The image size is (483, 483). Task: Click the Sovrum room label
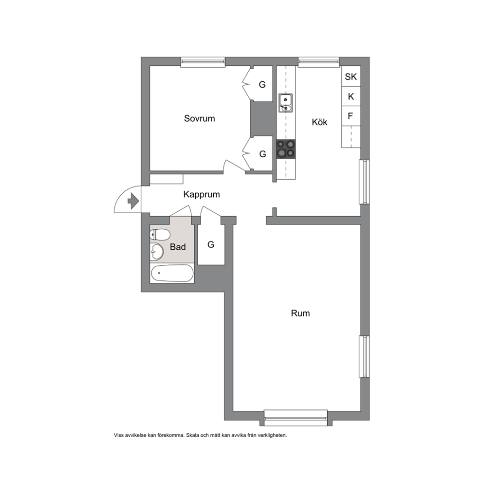[199, 119]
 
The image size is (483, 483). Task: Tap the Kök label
[319, 122]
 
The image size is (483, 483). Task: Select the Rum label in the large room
[300, 313]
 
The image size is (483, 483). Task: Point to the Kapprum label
[202, 195]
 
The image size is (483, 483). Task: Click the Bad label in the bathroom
[178, 247]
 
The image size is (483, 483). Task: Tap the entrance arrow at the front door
[133, 201]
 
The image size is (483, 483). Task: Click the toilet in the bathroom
[160, 235]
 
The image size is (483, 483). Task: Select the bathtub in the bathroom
[172, 273]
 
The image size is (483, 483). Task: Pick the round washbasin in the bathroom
[156, 252]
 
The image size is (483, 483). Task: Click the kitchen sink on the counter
[285, 103]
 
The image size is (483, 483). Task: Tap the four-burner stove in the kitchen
[286, 149]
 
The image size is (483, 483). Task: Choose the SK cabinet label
[351, 76]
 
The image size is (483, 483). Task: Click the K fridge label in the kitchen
[351, 97]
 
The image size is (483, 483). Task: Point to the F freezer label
[350, 116]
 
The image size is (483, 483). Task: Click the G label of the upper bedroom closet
[262, 84]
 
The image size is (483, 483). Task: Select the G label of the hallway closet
[211, 244]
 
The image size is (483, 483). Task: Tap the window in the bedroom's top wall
[203, 62]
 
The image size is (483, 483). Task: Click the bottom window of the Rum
[296, 418]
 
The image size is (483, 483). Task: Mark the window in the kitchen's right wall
[364, 182]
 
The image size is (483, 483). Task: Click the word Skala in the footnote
[193, 435]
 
